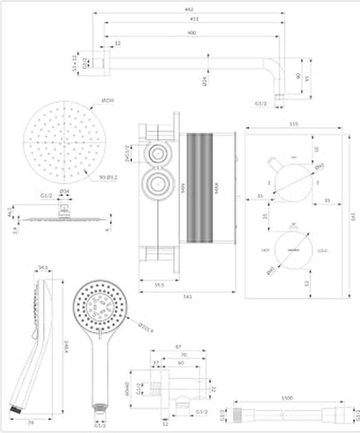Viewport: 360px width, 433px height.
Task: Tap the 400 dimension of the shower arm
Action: click(x=191, y=32)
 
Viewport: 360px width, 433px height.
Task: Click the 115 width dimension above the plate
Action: click(x=293, y=124)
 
